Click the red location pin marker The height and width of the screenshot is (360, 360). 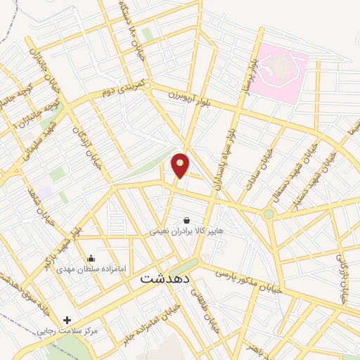pos(181,165)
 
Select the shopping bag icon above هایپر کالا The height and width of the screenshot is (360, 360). pos(186,219)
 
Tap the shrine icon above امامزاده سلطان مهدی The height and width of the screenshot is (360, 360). pos(91,258)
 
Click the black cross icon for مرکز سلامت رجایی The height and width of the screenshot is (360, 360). pos(67,320)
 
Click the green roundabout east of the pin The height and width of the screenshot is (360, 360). pos(269,214)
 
